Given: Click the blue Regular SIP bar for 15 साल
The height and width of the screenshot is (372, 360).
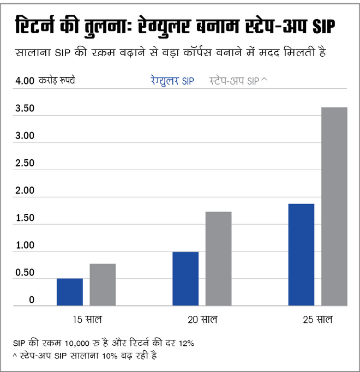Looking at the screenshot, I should [x=70, y=292].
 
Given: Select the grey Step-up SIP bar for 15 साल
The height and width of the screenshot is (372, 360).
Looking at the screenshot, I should [x=103, y=285].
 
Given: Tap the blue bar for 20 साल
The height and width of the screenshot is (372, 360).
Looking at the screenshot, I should [x=185, y=279].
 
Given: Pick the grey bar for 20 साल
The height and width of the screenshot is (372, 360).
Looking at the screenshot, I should [x=218, y=259].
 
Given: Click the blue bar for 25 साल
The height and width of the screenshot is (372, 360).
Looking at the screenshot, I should [x=301, y=255].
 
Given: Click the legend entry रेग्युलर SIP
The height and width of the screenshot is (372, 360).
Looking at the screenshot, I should [x=172, y=81].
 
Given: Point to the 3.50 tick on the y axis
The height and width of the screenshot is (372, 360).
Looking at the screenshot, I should [x=25, y=109].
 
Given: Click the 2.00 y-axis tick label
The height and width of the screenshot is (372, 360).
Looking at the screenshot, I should [x=25, y=191].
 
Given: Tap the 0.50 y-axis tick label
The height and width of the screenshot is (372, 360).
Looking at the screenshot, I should [x=25, y=273].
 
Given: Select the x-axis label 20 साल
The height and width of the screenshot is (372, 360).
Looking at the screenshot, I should [x=202, y=319].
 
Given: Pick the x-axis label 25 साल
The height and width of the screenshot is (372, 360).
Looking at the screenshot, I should [x=317, y=319].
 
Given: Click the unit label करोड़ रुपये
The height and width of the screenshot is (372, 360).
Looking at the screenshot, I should [x=57, y=81].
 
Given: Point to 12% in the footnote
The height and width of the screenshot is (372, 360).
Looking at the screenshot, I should [x=185, y=344].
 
